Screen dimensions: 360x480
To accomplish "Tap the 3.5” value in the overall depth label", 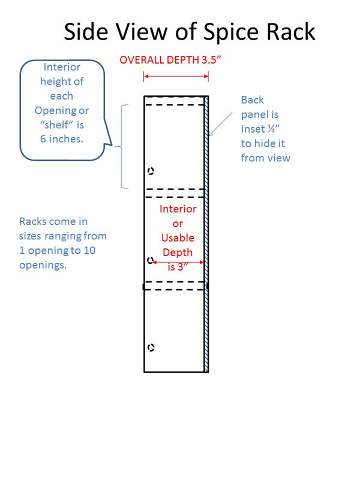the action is tap(211, 59).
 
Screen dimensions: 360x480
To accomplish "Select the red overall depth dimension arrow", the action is tap(176, 76).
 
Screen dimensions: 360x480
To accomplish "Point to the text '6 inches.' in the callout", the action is tap(62, 139).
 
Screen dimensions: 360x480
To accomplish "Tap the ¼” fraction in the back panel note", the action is tap(274, 129).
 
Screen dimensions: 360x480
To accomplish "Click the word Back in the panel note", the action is tap(253, 100).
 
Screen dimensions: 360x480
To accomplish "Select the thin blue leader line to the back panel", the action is tap(220, 124).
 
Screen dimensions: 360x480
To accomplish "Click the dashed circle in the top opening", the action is tap(151, 171).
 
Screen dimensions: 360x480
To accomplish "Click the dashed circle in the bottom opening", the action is tap(151, 347).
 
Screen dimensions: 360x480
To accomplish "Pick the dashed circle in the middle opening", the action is tap(150, 260).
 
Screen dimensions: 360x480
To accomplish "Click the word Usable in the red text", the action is tap(178, 238).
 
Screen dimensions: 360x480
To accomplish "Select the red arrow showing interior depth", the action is tap(178, 262).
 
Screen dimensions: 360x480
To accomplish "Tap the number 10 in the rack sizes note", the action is tap(89, 250).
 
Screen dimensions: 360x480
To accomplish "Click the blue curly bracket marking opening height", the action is tap(122, 146).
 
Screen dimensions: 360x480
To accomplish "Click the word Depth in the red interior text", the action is tap(178, 253).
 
